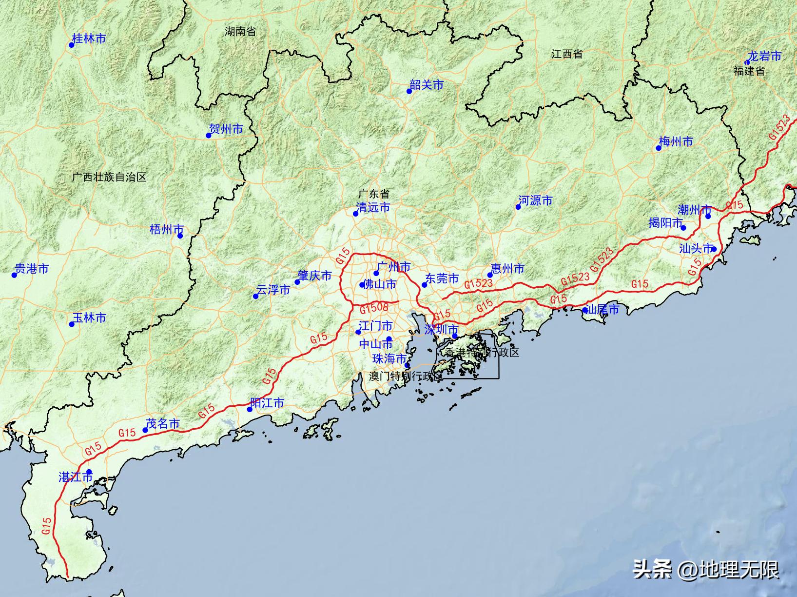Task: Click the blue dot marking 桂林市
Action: click(x=71, y=45)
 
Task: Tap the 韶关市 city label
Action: click(x=427, y=85)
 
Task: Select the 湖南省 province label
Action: click(x=240, y=32)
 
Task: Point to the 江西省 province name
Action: click(x=567, y=54)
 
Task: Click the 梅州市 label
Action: click(x=676, y=142)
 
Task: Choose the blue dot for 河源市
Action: click(x=518, y=207)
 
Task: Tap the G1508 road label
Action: click(x=374, y=308)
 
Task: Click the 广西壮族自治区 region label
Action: click(x=109, y=177)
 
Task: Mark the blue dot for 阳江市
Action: click(x=250, y=409)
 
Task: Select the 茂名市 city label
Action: click(x=163, y=424)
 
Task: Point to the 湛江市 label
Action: click(x=76, y=477)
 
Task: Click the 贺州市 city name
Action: click(x=226, y=129)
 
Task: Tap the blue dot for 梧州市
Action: click(x=180, y=236)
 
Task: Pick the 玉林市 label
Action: click(x=89, y=318)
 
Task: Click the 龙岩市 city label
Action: click(x=764, y=57)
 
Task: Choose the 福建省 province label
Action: click(x=749, y=71)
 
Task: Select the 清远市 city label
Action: click(x=373, y=207)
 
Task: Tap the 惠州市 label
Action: click(x=507, y=269)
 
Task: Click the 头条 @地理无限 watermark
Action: click(x=706, y=569)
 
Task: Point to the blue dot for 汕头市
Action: click(x=714, y=249)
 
